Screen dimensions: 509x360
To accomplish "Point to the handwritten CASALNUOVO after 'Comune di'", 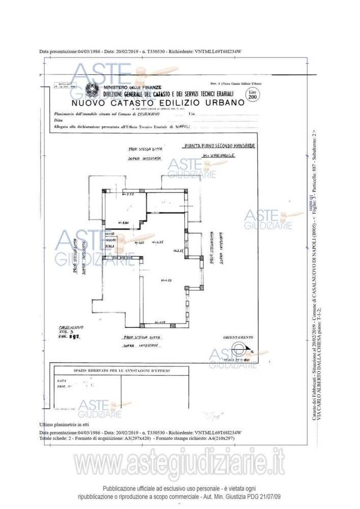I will [x=146, y=114].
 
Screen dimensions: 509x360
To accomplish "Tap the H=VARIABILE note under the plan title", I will [x=218, y=156].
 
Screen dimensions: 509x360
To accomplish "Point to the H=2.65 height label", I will [x=178, y=251].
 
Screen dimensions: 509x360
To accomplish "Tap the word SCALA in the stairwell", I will [x=109, y=246].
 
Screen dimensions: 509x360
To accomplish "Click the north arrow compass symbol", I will [x=237, y=351].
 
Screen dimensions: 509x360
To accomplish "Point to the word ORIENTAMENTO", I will [x=238, y=337].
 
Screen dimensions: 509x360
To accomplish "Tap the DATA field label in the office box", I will [x=62, y=380].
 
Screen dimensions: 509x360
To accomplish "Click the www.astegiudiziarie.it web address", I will [x=179, y=463].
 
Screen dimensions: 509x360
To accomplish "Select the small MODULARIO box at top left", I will [x=65, y=86].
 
